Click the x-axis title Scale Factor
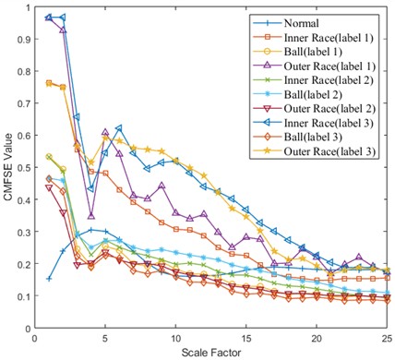[x=211, y=352]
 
